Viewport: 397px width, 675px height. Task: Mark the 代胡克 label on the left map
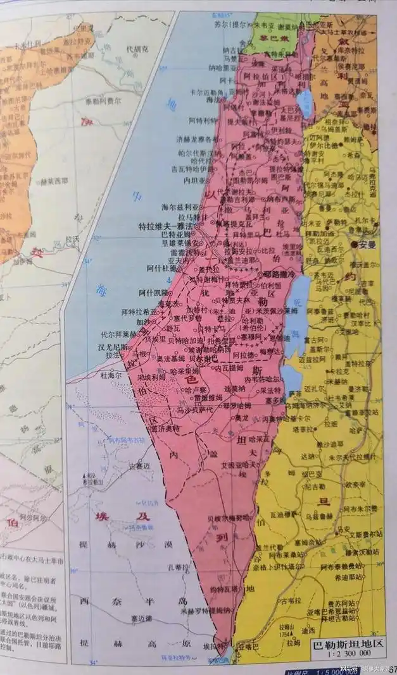coord(137,48)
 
